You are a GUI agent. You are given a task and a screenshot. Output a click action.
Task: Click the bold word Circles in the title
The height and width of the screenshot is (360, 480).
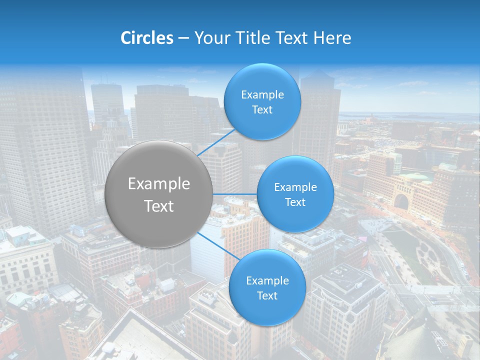pos(147,38)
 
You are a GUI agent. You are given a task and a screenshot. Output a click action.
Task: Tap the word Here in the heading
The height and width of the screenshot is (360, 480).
pos(332,38)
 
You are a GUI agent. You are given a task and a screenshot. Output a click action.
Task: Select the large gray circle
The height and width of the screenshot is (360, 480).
pos(158,194)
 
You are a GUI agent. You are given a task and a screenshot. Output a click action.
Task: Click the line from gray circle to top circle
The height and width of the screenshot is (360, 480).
pos(215,142)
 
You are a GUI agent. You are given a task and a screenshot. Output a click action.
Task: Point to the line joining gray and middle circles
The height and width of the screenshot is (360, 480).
pos(234,194)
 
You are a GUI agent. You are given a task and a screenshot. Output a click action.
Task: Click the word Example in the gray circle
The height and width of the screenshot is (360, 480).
pos(158,184)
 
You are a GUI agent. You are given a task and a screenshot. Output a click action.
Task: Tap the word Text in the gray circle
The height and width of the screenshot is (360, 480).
pos(158,206)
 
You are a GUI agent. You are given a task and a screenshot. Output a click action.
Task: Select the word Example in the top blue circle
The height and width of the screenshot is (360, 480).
pos(262,95)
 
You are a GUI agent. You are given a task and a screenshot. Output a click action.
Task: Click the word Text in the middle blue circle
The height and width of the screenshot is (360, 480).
pos(295,202)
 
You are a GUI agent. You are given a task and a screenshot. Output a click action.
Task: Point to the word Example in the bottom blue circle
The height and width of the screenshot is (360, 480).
pos(267,281)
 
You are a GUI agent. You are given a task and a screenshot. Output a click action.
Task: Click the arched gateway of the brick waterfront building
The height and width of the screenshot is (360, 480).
pos(401,201)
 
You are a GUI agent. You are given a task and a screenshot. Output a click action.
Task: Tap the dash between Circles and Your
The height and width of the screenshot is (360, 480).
pos(183,38)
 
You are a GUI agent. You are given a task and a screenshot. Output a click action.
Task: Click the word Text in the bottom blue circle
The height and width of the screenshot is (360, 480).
pos(267,296)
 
